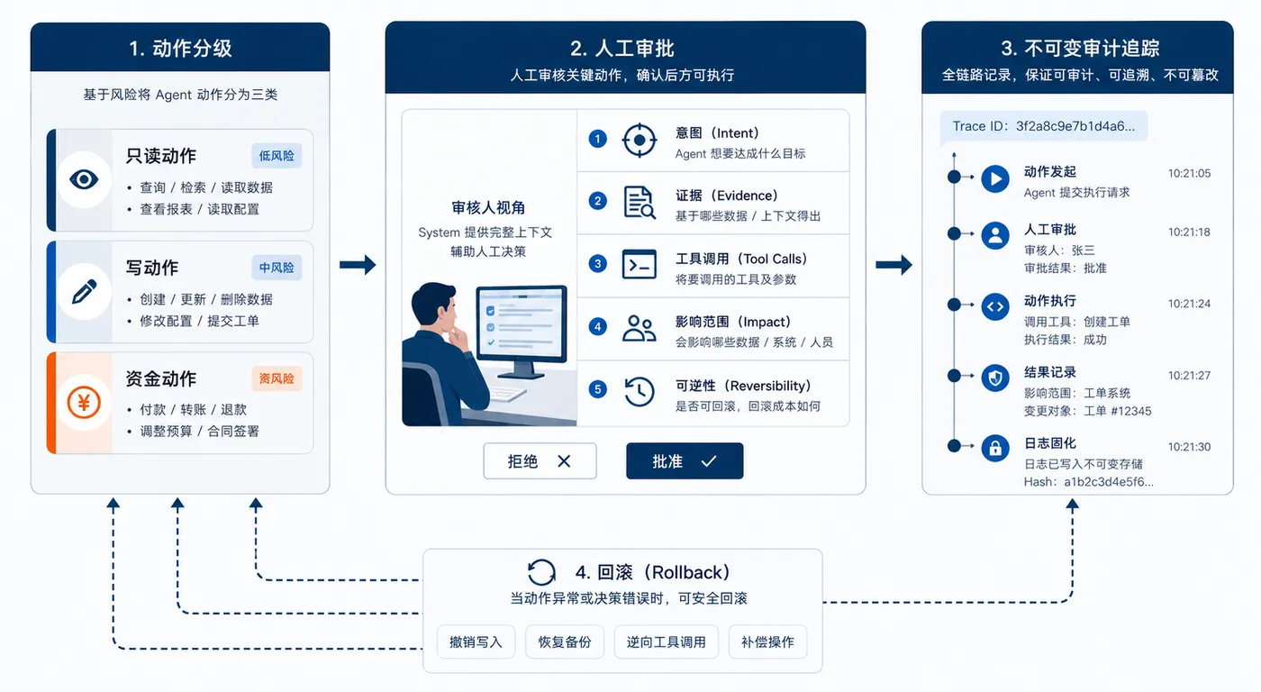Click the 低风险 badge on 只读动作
point(277,155)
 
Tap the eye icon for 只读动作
point(84,179)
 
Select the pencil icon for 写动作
point(85,292)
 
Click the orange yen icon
point(84,403)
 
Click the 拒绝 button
point(540,461)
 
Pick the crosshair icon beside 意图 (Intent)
point(639,140)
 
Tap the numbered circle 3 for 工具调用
point(597,263)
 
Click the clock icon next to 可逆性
point(639,391)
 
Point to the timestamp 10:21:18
point(1189,232)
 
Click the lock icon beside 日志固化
point(995,448)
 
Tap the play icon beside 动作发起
point(995,178)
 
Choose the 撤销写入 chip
point(476,642)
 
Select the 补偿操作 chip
point(767,642)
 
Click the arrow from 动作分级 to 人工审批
point(358,265)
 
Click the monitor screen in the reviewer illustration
point(522,323)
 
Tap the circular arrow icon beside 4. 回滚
point(541,573)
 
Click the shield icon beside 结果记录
point(995,378)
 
